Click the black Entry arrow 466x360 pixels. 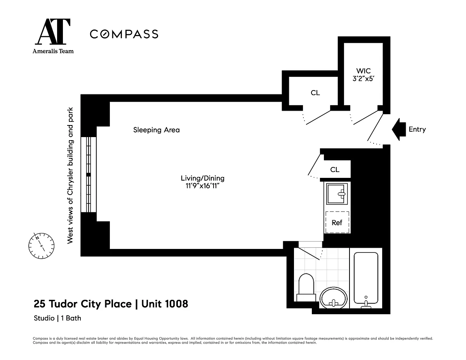tap(398, 129)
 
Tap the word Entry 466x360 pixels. tap(417, 129)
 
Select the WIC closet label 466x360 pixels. tap(363, 71)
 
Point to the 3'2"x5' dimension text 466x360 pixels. tap(363, 79)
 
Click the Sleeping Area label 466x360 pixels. tap(156, 130)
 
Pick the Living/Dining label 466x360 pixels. tap(202, 178)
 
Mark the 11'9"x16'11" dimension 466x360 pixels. tap(202, 186)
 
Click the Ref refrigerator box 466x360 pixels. tap(337, 222)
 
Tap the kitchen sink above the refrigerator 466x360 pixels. tap(337, 194)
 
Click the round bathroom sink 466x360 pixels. tap(333, 298)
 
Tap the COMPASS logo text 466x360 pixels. tap(124, 34)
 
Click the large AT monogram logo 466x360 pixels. tap(53, 31)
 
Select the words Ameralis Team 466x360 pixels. tap(53, 51)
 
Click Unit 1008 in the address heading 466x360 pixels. tap(165, 304)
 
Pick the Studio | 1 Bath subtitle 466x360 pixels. tap(57, 318)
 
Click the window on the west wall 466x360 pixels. tap(89, 174)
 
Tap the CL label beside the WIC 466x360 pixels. tap(315, 93)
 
